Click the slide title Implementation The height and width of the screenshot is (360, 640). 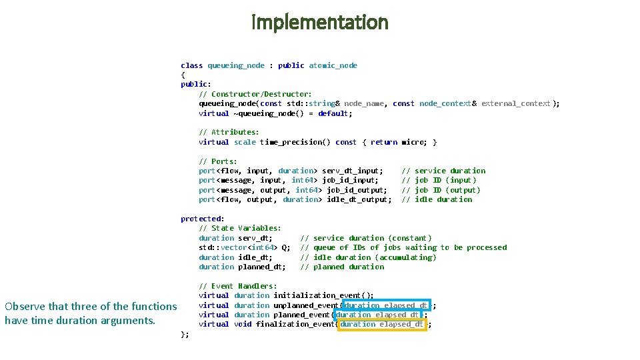click(319, 22)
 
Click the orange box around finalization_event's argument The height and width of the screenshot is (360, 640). click(382, 325)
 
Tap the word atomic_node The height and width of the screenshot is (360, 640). click(333, 65)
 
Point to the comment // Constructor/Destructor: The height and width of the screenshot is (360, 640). click(255, 94)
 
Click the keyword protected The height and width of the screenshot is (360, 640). click(201, 219)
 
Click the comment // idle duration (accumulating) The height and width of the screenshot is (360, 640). click(369, 257)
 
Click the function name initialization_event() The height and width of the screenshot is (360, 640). click(323, 295)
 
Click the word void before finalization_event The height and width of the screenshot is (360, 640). click(243, 325)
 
